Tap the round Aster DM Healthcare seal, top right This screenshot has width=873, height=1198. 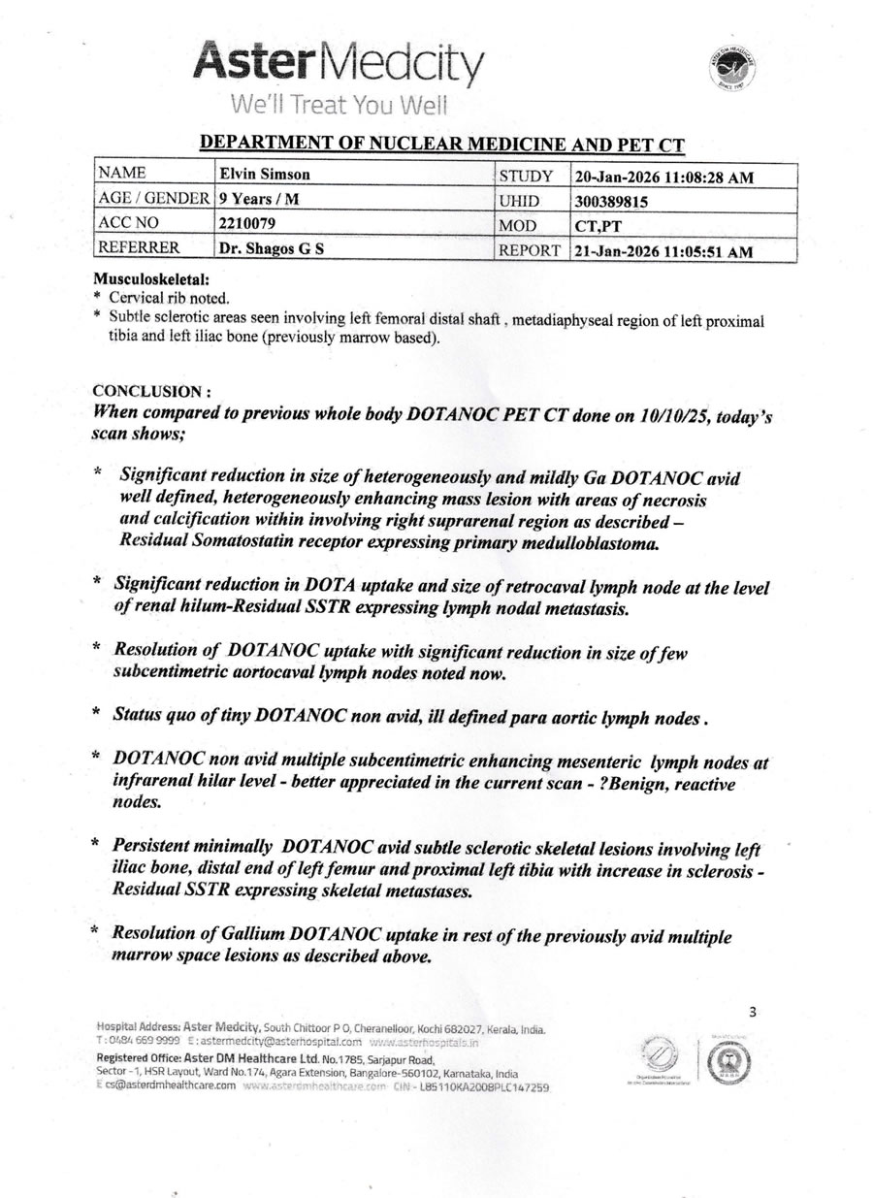click(x=732, y=69)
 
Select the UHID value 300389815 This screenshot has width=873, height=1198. click(x=611, y=201)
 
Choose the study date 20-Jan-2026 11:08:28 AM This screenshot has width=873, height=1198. click(x=663, y=177)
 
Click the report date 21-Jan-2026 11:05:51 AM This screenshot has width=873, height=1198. click(x=663, y=250)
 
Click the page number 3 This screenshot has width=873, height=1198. click(x=753, y=1013)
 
